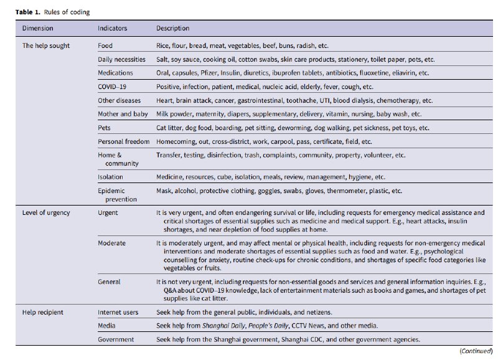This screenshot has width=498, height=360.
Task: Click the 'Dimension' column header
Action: point(37,29)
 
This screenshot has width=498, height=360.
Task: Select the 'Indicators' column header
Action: point(112,29)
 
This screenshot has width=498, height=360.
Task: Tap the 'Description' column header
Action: point(172,29)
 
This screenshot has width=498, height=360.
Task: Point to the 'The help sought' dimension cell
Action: point(46,46)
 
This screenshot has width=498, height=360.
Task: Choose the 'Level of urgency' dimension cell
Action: point(46,213)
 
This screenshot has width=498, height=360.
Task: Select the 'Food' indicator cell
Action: point(105,46)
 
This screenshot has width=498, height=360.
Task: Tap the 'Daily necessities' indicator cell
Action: point(121,60)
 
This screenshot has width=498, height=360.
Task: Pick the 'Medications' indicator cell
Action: point(115,73)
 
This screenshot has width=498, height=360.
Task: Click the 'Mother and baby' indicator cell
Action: point(122,114)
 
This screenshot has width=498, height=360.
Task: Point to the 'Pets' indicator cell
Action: point(105,128)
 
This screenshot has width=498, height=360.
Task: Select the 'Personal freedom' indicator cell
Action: point(123,141)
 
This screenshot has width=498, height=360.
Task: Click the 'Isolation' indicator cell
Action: point(111,177)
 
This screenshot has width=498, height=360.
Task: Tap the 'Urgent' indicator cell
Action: point(108,213)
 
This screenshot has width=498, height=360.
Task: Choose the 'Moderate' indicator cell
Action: point(111,243)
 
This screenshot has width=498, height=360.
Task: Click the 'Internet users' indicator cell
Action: point(118,312)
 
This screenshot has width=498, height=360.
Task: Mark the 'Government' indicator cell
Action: point(115,339)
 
